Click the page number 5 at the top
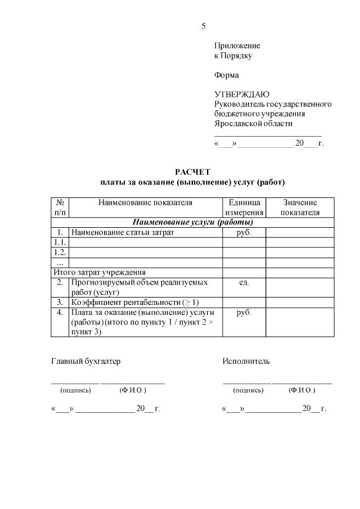[204, 26]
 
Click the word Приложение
[237, 46]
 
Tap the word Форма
[226, 75]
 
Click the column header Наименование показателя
[145, 202]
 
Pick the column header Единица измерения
[244, 208]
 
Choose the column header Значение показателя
[300, 208]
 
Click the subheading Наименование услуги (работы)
[192, 222]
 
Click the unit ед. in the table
[244, 282]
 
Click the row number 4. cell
[60, 313]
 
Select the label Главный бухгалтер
[85, 361]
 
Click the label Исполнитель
[246, 361]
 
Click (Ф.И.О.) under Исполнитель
[301, 390]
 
